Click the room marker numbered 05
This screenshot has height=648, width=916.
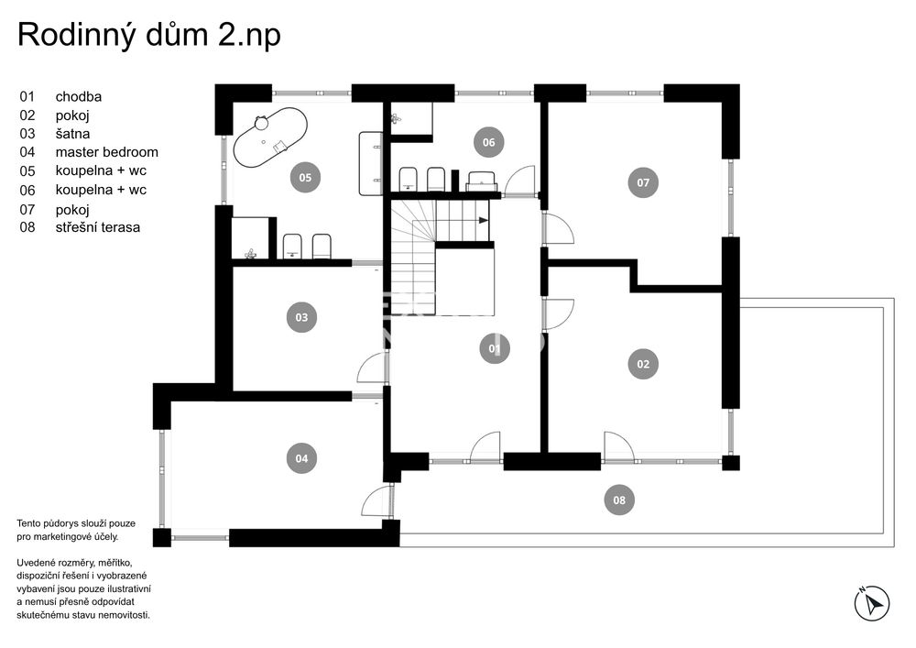[305, 177]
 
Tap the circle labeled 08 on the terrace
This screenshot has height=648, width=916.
[618, 500]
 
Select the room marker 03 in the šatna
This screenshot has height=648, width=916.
[301, 317]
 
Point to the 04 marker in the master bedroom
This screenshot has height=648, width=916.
[301, 458]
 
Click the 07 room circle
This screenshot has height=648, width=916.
[643, 182]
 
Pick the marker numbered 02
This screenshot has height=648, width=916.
[643, 364]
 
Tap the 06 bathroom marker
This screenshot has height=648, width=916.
[488, 142]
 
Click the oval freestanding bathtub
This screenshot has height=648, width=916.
[270, 137]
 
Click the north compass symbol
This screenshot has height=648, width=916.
[872, 603]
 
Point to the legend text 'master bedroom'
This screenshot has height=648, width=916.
[107, 152]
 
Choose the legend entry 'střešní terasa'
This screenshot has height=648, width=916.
[98, 227]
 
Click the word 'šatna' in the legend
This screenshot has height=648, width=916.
[72, 134]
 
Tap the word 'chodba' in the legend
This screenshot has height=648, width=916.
[78, 96]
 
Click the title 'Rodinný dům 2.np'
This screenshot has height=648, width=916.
[149, 35]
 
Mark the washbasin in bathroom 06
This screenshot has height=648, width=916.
[482, 181]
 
